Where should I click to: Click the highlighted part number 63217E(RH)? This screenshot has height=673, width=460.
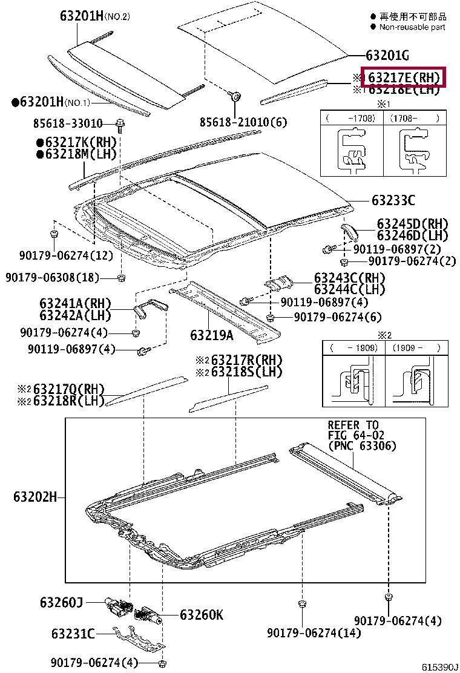point(403,77)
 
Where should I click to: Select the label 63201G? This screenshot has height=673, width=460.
point(387,56)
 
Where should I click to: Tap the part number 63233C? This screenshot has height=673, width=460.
point(393,200)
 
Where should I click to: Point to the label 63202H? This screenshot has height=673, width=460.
point(35,497)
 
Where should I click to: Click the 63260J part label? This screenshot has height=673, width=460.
point(61,602)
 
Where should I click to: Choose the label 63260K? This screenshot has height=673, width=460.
point(202,615)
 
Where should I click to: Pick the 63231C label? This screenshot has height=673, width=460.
point(73,634)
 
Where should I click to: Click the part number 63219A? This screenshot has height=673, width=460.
point(211,335)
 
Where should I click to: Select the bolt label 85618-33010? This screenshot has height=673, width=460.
point(67,123)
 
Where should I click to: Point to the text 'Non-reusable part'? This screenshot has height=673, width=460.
point(412,27)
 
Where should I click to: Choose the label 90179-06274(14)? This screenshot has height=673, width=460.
point(314,633)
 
